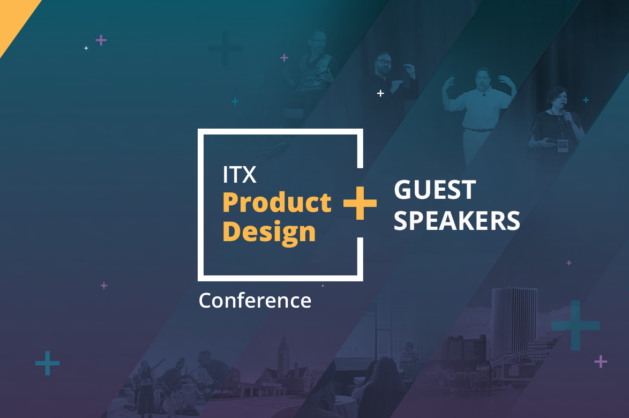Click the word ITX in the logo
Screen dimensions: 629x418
point(239,175)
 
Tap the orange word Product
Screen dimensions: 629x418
point(277,202)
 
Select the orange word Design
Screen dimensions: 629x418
point(269,233)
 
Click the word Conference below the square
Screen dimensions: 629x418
point(255,301)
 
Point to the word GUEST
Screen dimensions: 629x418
point(435,190)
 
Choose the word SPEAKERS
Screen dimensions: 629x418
point(457,221)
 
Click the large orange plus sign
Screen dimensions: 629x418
point(360,203)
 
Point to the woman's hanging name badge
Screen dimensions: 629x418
point(563,146)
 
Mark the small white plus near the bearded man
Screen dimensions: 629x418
point(381,93)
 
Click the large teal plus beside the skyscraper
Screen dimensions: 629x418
point(575,325)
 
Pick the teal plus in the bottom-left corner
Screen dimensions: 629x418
point(47,363)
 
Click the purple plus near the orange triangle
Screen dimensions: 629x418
point(101,40)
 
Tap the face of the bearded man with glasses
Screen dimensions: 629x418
point(383,63)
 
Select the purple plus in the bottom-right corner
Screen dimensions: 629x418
point(601,361)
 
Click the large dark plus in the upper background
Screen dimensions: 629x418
point(225,49)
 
